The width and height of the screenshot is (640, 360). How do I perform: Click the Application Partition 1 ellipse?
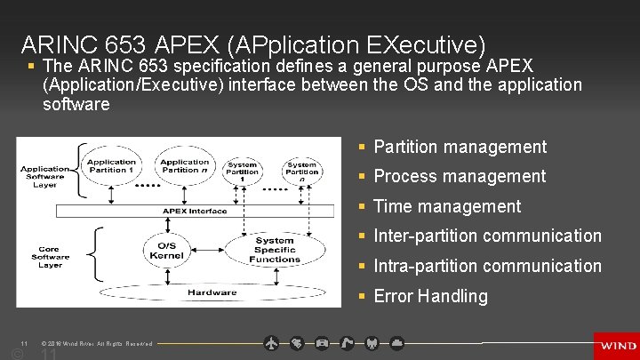(x=111, y=166)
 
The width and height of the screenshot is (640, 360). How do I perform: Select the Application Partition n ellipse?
(x=184, y=166)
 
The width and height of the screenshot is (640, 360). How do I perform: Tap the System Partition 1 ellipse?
(x=242, y=170)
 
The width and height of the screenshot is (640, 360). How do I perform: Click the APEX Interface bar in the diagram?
(x=195, y=212)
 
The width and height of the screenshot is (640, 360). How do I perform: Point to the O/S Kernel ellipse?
(x=167, y=251)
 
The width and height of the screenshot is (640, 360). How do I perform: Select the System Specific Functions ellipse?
(x=275, y=250)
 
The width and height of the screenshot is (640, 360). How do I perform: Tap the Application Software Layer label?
(x=44, y=176)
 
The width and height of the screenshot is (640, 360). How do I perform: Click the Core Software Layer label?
(x=51, y=258)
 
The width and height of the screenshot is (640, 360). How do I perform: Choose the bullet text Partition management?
(x=460, y=147)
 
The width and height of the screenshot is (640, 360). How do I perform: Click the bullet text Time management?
(x=447, y=206)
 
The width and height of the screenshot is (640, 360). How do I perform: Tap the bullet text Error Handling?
(x=430, y=296)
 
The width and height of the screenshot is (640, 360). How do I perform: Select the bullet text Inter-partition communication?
(x=487, y=236)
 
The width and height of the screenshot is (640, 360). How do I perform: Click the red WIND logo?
(x=616, y=346)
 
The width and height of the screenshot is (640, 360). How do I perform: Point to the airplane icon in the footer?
(x=272, y=342)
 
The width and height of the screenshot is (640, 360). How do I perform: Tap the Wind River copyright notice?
(x=97, y=343)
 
